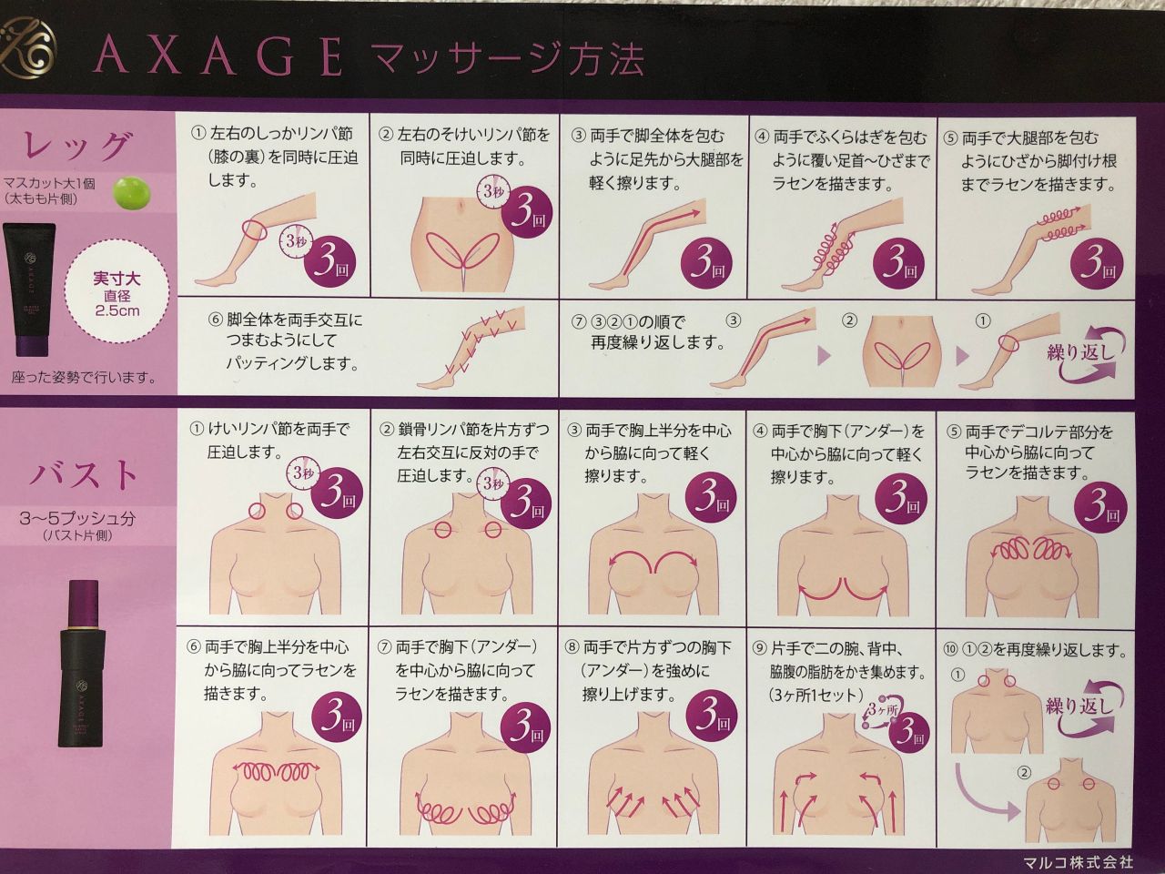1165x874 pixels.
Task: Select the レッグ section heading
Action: (x=78, y=146)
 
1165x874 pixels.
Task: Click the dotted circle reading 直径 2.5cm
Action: (x=116, y=293)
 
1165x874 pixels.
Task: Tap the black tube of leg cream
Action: (x=30, y=290)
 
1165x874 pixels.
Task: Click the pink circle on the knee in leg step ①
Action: (x=254, y=230)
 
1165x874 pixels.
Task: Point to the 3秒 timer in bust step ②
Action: (x=492, y=483)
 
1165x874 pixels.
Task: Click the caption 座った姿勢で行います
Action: (x=84, y=378)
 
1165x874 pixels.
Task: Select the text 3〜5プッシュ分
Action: (x=77, y=518)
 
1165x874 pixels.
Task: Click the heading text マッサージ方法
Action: (x=507, y=58)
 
